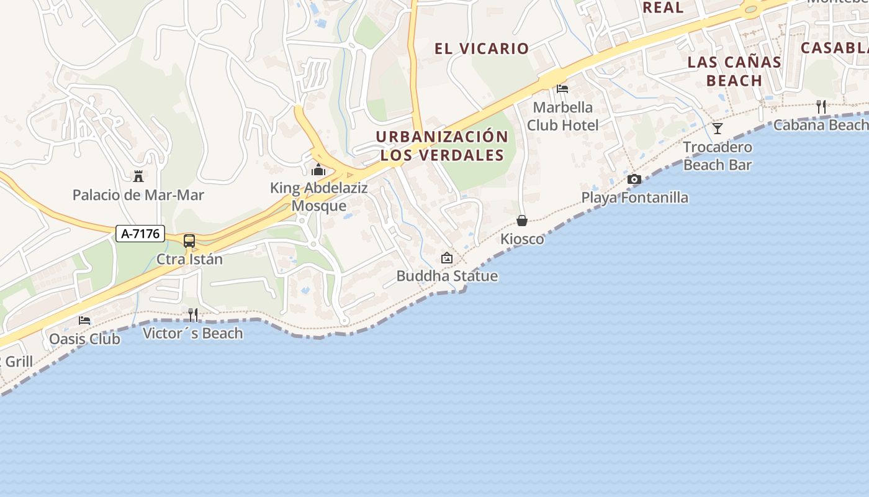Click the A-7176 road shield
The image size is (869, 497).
[x=140, y=234]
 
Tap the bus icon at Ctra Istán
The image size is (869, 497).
[x=189, y=241]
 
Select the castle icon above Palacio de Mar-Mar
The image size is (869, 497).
[x=138, y=176]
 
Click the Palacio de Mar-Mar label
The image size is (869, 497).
[x=138, y=195]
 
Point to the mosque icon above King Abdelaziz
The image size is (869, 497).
[x=318, y=169]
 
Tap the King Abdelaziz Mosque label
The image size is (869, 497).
[x=319, y=197]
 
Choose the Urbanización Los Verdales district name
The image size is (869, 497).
[x=442, y=146]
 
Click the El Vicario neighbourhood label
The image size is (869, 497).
[x=482, y=48]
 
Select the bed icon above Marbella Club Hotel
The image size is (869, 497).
[x=562, y=89]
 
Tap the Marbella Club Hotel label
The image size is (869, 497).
[x=563, y=116]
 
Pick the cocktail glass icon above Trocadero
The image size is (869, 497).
[x=718, y=129]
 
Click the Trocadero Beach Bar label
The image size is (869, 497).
[x=718, y=156]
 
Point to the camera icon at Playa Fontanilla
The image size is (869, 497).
[x=634, y=180]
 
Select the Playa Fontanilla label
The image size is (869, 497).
[x=634, y=198]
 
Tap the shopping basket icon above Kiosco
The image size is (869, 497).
[x=522, y=221]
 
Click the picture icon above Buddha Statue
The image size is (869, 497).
[x=446, y=258]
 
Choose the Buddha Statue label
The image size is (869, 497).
[x=447, y=276]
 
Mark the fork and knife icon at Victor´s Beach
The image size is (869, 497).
[x=193, y=315]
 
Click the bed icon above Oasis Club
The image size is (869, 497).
[x=84, y=321]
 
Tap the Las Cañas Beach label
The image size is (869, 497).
[x=734, y=71]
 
